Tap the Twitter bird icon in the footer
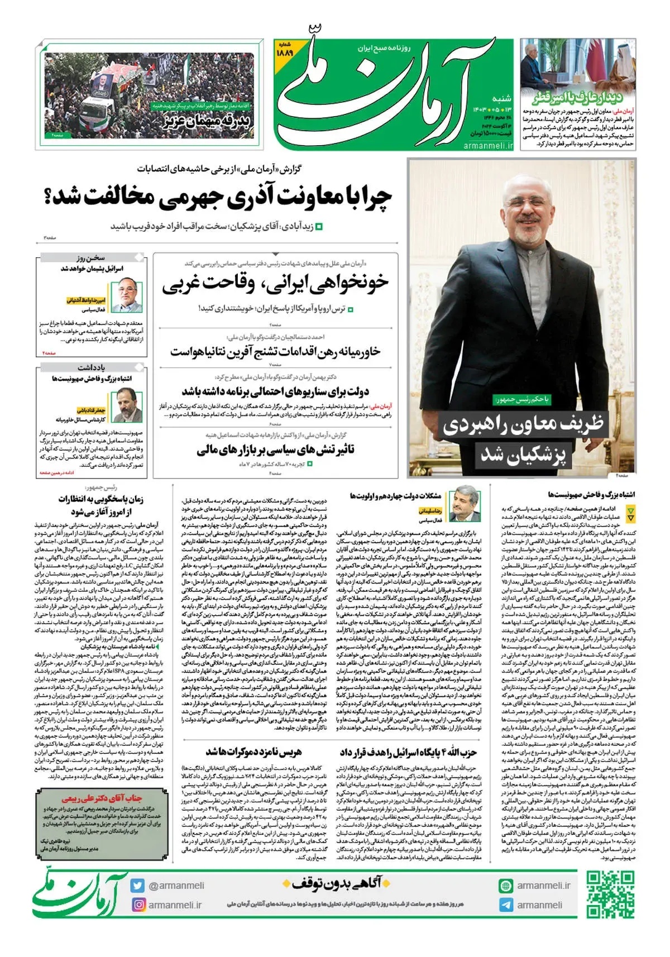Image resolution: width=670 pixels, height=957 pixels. [138, 886]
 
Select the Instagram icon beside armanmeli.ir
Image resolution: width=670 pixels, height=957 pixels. [138, 905]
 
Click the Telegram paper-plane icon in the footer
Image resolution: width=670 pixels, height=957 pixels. [506, 905]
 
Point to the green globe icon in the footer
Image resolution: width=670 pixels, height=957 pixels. [506, 886]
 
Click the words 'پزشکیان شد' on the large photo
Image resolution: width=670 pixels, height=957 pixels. [523, 454]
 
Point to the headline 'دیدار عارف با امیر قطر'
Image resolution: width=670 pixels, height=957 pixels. [577, 98]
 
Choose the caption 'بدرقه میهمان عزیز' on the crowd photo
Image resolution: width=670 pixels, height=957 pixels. [207, 120]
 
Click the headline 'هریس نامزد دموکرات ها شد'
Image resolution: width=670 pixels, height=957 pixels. [253, 752]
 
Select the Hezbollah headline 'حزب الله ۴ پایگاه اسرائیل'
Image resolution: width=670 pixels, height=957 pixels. [408, 753]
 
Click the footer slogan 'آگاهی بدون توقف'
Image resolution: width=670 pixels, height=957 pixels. [337, 883]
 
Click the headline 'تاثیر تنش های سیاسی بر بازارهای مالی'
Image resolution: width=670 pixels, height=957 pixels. [275, 450]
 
